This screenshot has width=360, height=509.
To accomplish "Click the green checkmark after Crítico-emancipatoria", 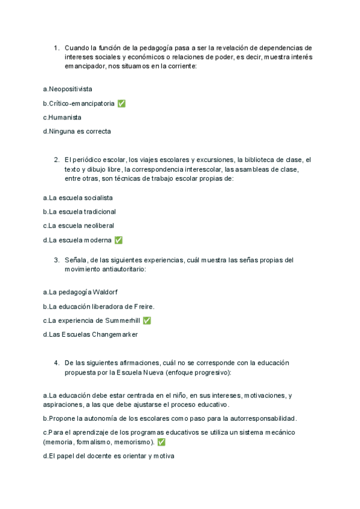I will coord(122,103).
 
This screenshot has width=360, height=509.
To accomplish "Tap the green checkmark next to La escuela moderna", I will coord(118,240).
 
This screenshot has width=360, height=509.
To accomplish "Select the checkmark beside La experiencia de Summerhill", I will coord(147,321).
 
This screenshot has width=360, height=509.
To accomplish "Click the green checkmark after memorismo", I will coord(161,442).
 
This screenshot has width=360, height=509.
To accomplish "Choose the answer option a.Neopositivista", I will coord(68,89).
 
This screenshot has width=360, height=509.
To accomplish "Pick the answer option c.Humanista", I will coord(62,117).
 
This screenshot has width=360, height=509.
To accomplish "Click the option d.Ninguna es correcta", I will coord(77,131).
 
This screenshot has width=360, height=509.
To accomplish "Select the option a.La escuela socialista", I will coord(78,197).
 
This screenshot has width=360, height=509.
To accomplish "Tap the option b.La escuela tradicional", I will coord(79,212).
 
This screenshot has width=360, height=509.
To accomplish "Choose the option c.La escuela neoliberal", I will coord(79,226).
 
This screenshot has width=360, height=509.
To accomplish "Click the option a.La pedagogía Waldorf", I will coord(80,292).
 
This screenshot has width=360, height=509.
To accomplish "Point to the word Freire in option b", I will coord(142,307).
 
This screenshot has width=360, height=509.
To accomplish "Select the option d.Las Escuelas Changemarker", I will coord(90,334).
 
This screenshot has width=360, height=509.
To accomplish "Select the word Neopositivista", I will coord(70,89).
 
